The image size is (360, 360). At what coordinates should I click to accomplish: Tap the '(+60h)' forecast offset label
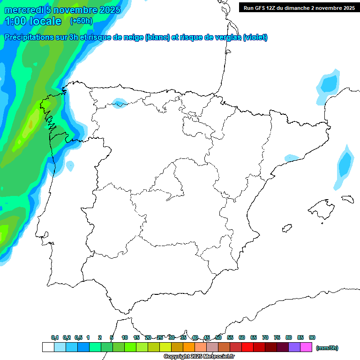[x=81, y=21]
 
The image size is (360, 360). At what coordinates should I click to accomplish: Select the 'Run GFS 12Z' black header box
[x=299, y=7]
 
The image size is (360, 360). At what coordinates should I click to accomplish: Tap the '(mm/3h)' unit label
[x=327, y=348]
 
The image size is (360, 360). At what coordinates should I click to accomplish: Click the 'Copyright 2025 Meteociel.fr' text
[x=199, y=357]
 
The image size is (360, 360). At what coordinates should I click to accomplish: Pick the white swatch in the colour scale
[x=48, y=347]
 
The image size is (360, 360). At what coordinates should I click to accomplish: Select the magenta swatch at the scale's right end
[x=306, y=347]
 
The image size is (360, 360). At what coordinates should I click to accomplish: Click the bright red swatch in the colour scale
[x=247, y=347]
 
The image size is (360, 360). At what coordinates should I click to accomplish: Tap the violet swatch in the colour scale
[x=294, y=347]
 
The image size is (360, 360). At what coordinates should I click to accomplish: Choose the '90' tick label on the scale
[x=312, y=337]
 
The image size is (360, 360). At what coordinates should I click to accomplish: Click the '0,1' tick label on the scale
[x=55, y=337]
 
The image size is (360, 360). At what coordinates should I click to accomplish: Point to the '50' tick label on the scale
[x=218, y=337]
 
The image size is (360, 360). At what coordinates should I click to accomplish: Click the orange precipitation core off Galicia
[x=30, y=124]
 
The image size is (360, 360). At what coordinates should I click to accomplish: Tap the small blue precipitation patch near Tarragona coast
[x=292, y=158]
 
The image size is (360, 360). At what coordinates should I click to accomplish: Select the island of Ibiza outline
[x=287, y=228]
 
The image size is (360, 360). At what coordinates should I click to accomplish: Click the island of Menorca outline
[x=347, y=198]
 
